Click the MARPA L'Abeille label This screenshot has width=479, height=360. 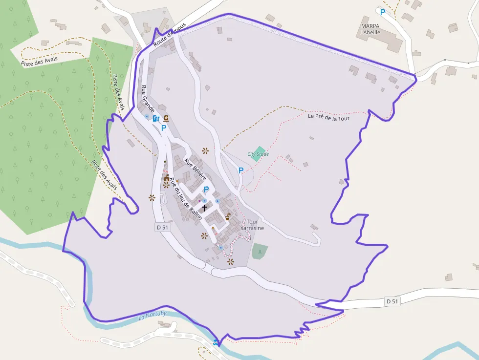370,29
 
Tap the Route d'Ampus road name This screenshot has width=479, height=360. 170,35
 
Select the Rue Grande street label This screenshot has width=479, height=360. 148,98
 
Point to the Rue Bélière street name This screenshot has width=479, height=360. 196,169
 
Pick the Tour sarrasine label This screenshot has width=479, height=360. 252,225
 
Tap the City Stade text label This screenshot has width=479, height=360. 258,154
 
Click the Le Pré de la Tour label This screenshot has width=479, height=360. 328,117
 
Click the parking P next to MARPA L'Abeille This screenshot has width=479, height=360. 383,12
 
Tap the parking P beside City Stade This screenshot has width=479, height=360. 240,170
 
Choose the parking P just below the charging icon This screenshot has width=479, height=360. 164,128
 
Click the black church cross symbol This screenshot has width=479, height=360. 204,208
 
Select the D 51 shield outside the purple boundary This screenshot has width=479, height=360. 392,301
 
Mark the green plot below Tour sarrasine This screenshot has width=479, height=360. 260,251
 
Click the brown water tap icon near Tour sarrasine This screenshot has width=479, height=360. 228,216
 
